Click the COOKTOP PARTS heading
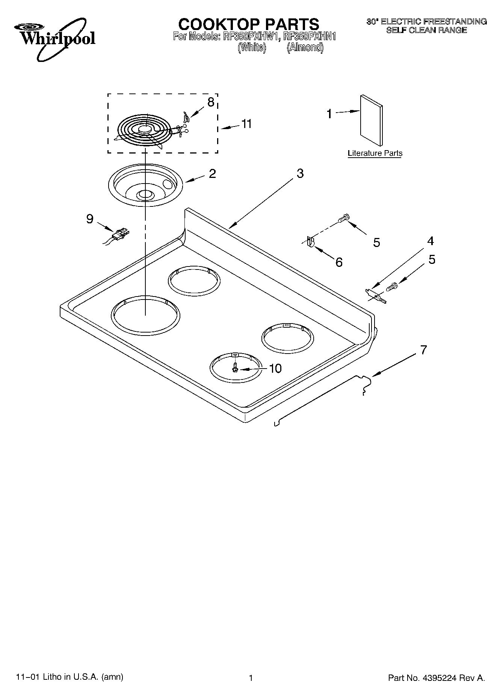pyautogui.click(x=248, y=24)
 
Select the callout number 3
pyautogui.click(x=300, y=173)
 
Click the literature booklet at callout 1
pyautogui.click(x=371, y=120)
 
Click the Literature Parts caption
pyautogui.click(x=375, y=153)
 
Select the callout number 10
pyautogui.click(x=275, y=369)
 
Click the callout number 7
pyautogui.click(x=423, y=350)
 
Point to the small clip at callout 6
pyautogui.click(x=310, y=241)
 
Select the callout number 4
pyautogui.click(x=430, y=241)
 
